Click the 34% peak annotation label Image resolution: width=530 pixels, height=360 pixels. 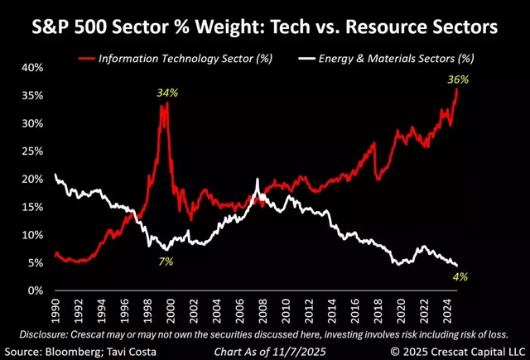point(167,93)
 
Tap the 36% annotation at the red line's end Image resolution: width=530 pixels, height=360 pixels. point(458,80)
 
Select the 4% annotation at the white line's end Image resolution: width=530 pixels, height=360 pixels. point(460,276)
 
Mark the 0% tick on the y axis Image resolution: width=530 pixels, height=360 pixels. point(35,290)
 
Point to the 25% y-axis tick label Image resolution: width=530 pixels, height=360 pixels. point(31,151)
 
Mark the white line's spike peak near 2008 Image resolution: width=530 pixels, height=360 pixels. point(258,180)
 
